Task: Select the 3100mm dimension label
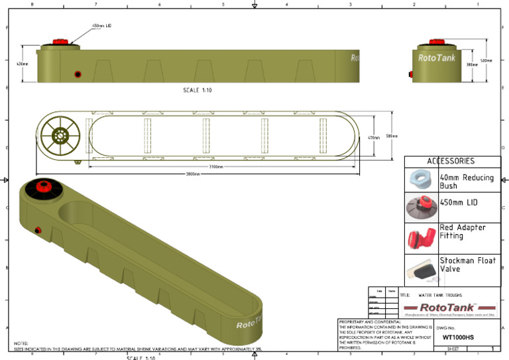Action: pos(215,166)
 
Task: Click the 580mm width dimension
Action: pos(391,137)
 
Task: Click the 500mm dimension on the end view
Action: pos(486,60)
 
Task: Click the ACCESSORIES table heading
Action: pos(451,161)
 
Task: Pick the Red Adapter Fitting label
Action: pos(463,231)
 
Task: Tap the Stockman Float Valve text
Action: pos(467,265)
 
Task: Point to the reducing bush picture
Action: pos(422,180)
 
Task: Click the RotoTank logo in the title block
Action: pos(449,307)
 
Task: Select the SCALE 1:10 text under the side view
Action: pos(198,90)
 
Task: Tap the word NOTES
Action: pos(21,343)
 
